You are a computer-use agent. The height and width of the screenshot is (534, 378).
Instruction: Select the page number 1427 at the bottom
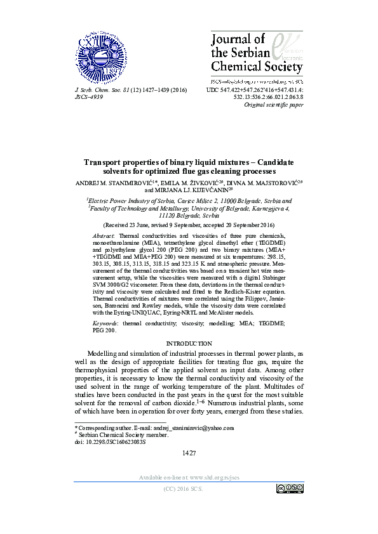tap(189, 452)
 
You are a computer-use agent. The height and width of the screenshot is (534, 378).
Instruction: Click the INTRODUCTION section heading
tap(189, 343)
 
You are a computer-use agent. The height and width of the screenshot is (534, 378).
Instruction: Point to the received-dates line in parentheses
tap(189, 225)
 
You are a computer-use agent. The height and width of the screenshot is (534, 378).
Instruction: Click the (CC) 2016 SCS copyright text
tap(189, 489)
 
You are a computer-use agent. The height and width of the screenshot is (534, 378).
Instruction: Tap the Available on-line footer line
tap(189, 476)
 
